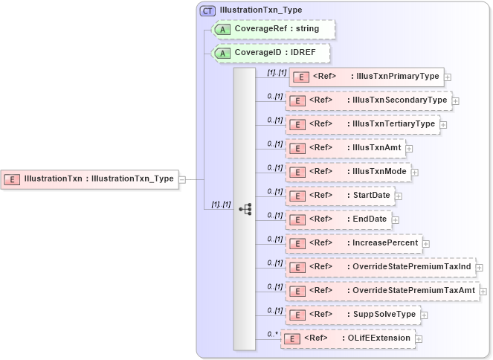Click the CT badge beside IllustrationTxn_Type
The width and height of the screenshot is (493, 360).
tap(208, 10)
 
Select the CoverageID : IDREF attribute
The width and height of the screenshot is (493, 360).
tap(272, 54)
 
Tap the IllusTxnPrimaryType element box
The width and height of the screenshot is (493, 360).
tap(367, 77)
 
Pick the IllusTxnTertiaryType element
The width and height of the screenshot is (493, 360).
tap(362, 124)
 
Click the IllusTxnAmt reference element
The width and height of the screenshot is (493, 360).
tap(345, 148)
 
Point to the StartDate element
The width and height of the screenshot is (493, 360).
tap(340, 196)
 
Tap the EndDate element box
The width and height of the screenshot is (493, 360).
tap(338, 219)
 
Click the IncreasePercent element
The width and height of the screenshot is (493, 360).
tap(354, 243)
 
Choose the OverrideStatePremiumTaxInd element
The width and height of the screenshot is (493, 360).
tap(380, 267)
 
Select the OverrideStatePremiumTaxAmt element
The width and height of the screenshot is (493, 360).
tap(383, 291)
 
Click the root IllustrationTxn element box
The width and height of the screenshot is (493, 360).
tap(90, 179)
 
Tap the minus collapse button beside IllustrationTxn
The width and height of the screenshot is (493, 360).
tap(182, 179)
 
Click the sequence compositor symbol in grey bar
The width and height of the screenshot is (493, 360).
tap(245, 209)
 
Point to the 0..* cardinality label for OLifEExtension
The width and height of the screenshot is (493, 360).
tap(272, 334)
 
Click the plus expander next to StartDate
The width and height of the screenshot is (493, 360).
tap(399, 196)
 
